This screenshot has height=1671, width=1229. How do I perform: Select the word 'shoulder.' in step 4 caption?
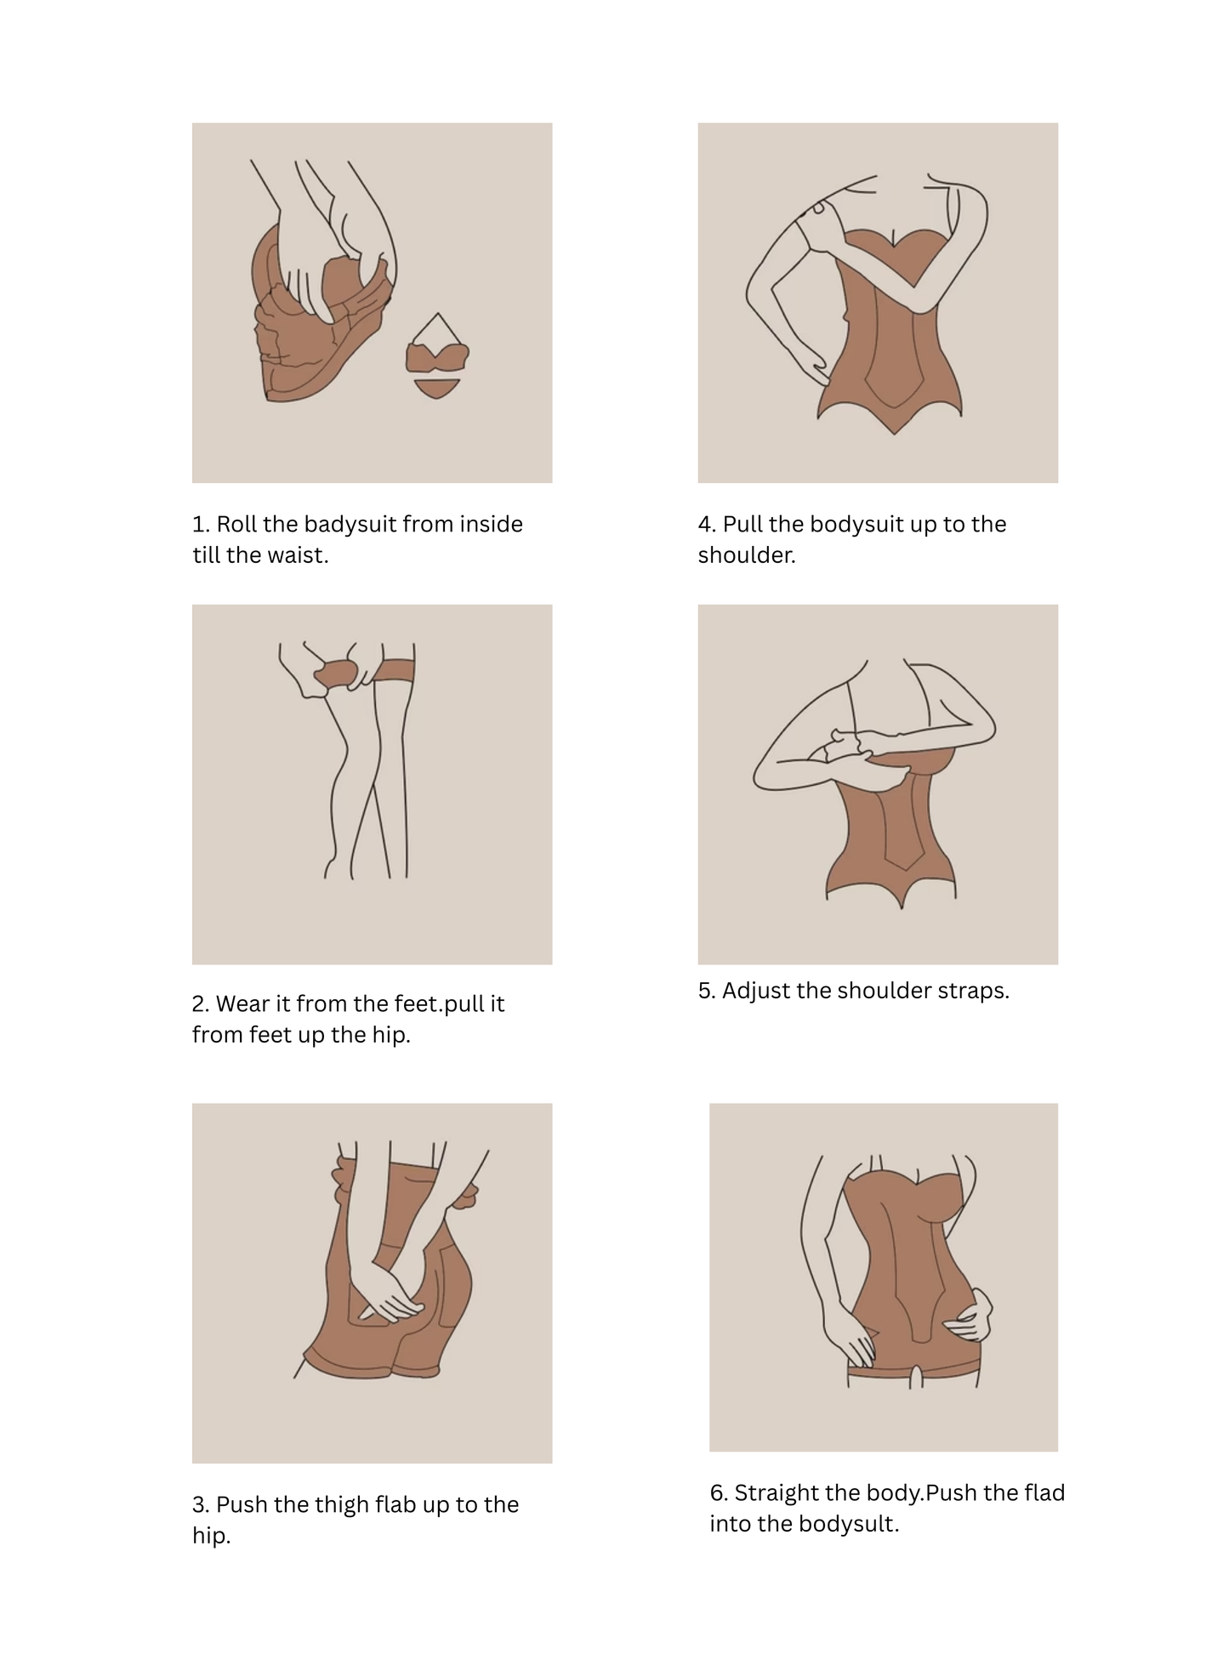click(747, 555)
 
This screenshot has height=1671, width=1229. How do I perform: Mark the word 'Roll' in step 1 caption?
click(236, 525)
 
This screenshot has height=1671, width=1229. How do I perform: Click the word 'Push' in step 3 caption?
click(242, 1505)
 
